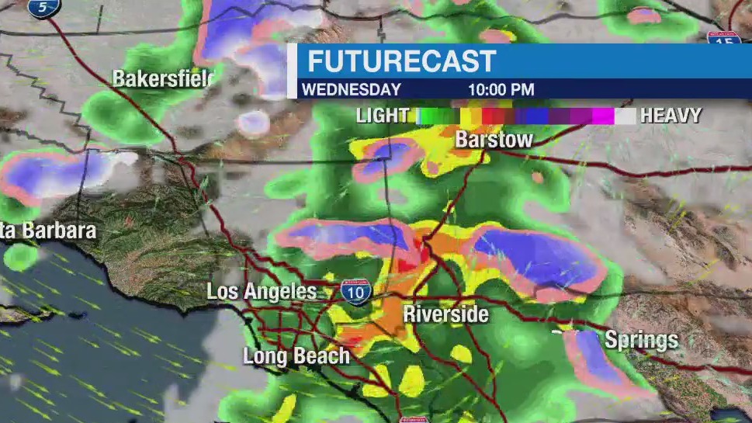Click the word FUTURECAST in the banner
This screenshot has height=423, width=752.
pos(401,61)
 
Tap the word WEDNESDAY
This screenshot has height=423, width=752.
pos(351,89)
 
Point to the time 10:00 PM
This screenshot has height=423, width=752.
pos(501,89)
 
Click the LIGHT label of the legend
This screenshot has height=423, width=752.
pos(383,116)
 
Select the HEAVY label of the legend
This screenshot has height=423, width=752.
pos(671,116)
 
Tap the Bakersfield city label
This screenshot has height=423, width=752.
pos(162,78)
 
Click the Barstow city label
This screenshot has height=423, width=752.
pos(494,140)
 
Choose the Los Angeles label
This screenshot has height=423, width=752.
pos(262,292)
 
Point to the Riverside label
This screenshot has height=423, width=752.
pos(445,314)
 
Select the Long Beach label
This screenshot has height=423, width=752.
pos(296,356)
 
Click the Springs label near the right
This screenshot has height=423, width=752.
pos(641,340)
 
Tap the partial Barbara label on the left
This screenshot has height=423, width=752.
pos(48,231)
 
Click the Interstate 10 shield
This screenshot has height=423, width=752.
pos(355,292)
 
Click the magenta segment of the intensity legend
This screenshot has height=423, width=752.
pos(602,116)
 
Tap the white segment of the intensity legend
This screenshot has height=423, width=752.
pos(626,116)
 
